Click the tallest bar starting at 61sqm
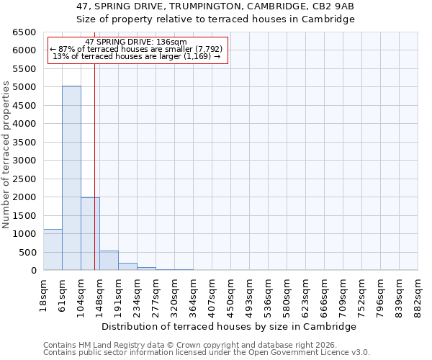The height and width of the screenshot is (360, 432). [x=71, y=178]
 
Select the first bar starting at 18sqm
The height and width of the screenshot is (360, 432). [x=53, y=250]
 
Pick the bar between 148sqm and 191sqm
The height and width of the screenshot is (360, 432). [x=109, y=261]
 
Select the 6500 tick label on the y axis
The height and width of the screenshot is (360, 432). [x=24, y=32]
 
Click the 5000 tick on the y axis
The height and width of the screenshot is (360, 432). [x=24, y=87]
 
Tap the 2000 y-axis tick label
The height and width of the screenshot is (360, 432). [x=24, y=197]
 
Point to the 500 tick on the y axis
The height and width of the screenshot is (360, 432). [x=27, y=252]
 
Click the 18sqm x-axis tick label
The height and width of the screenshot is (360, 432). [x=43, y=290]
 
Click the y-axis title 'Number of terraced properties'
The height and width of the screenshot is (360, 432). [x=6, y=155]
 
